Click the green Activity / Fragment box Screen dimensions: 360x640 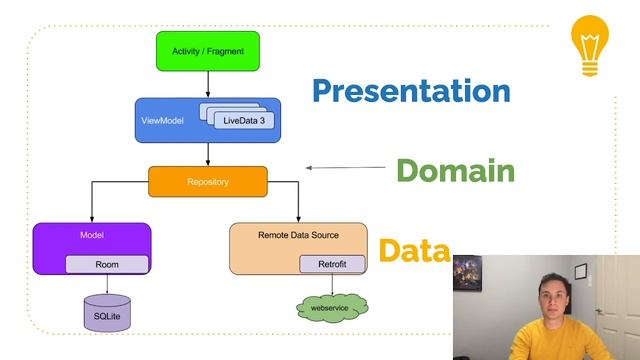[x=208, y=50]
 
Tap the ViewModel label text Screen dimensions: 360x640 [x=162, y=120]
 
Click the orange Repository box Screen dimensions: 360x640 [x=208, y=181]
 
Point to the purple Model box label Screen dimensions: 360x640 [x=92, y=235]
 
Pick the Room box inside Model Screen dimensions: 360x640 [x=107, y=264]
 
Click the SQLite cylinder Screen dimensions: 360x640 [x=106, y=313]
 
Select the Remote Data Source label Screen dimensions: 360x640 [x=298, y=235]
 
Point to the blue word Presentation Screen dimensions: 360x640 [x=411, y=91]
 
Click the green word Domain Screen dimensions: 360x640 [x=455, y=171]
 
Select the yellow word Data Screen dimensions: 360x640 [x=413, y=250]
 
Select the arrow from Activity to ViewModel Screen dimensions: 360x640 [x=208, y=84]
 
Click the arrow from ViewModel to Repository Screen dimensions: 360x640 [x=208, y=154]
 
